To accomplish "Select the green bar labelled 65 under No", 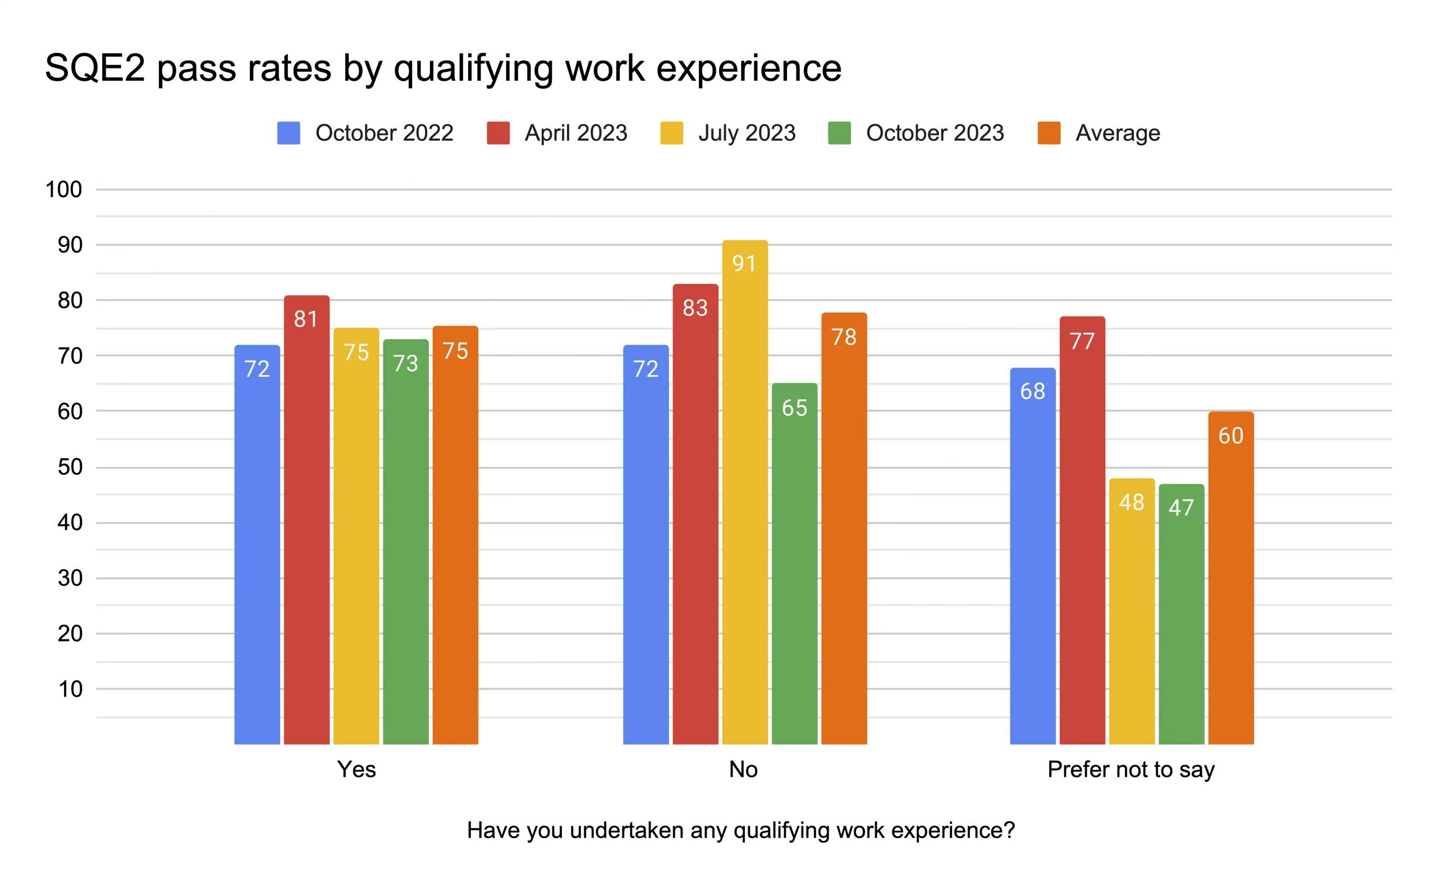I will (x=794, y=564).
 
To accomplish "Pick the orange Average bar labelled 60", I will (x=1230, y=578).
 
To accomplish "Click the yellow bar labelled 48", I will (x=1132, y=611).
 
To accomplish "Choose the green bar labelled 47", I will (x=1181, y=614).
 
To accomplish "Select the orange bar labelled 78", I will (x=844, y=529).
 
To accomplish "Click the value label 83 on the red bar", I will (x=695, y=308).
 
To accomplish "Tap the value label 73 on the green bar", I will (x=406, y=364).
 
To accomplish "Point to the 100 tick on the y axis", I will (x=63, y=190).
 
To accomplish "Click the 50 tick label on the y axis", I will (x=69, y=468).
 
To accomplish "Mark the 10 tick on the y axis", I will (x=69, y=689).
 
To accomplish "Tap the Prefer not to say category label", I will (x=1131, y=770).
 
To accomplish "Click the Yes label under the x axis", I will (x=356, y=770).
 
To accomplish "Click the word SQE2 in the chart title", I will (x=94, y=68).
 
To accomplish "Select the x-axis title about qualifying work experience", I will (x=740, y=830).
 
